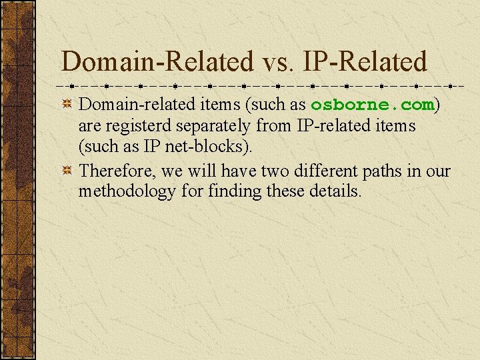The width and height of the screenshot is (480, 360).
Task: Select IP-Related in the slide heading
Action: [x=365, y=62]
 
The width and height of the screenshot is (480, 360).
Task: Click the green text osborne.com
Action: [x=372, y=105]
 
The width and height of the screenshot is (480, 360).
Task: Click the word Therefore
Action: [x=116, y=171]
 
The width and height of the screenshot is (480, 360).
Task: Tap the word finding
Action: [x=236, y=192]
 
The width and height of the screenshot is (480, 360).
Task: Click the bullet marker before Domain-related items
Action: [x=67, y=105]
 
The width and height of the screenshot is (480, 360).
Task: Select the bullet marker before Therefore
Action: [x=67, y=171]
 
